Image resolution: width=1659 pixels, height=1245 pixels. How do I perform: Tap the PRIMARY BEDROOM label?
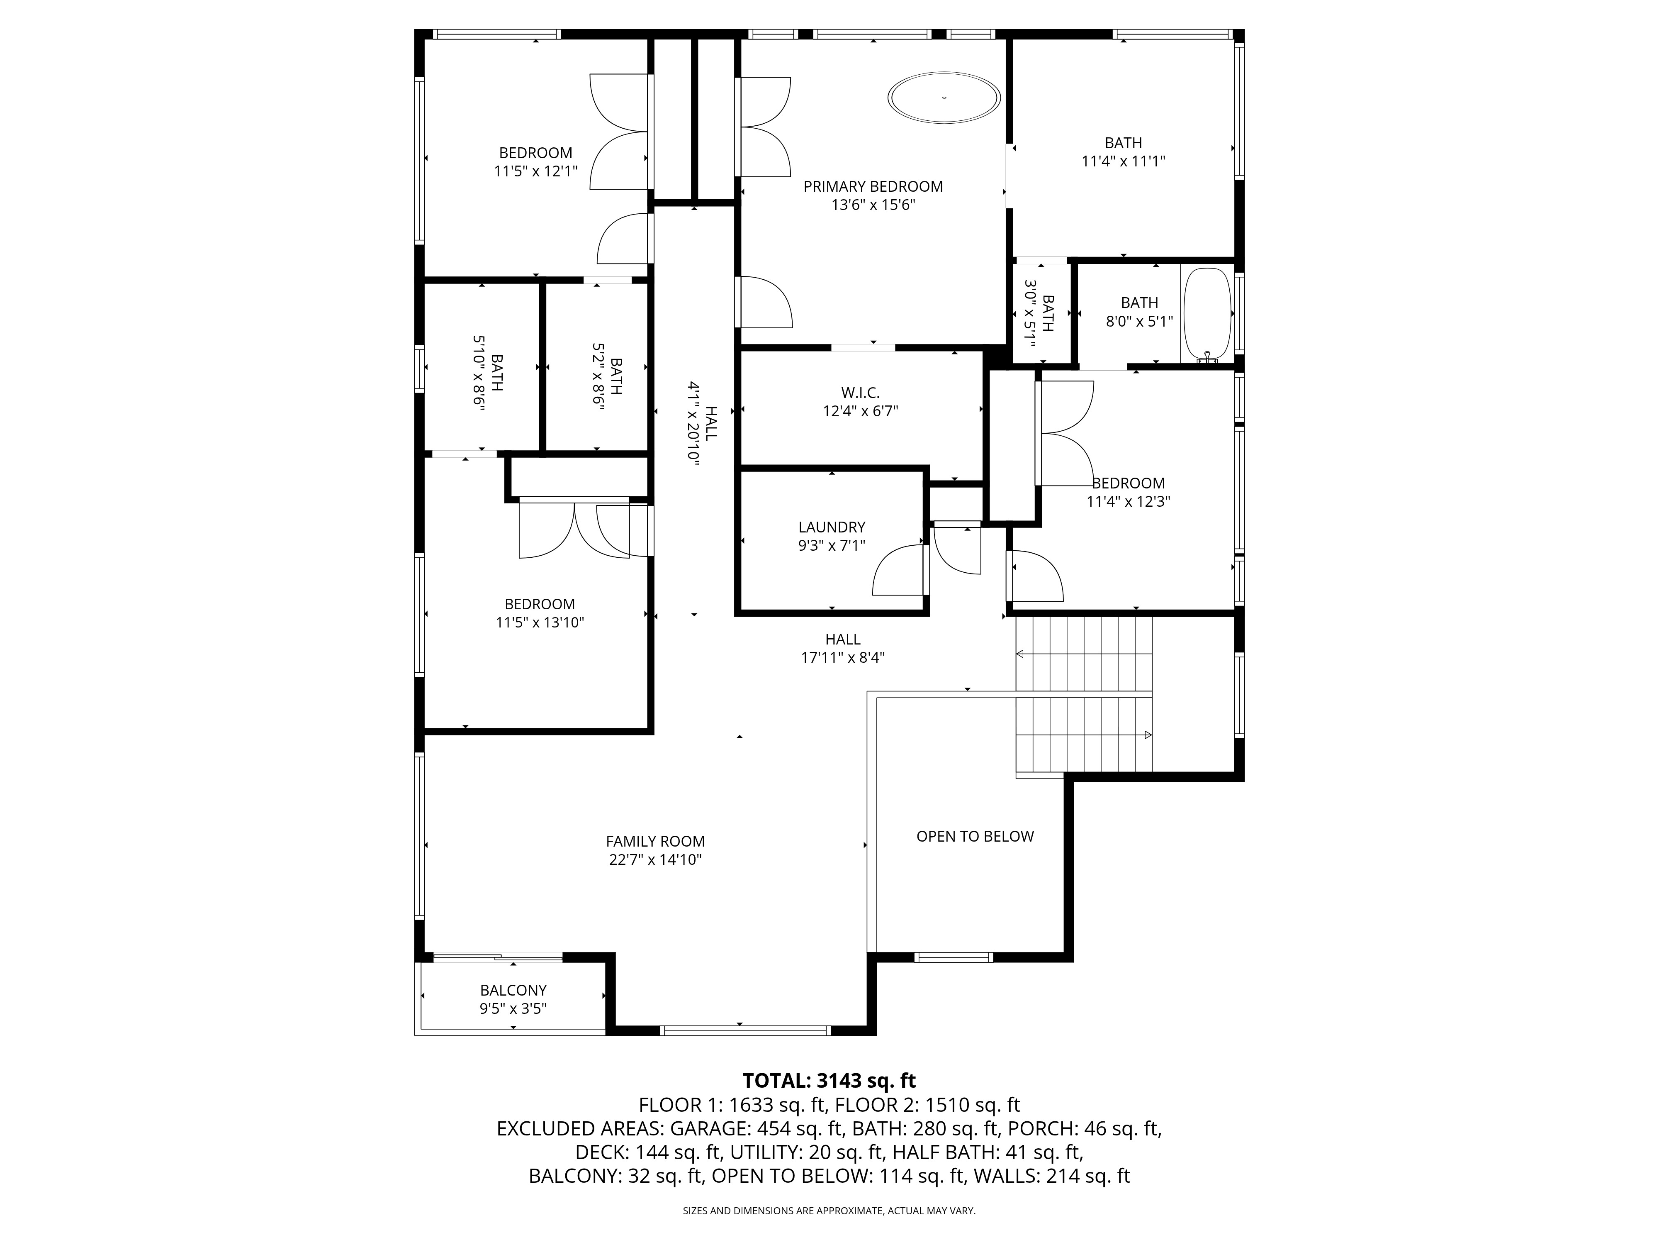click(x=873, y=187)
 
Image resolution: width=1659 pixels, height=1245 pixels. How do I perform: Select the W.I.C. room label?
click(x=860, y=393)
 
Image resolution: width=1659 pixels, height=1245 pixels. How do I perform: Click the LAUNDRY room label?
click(x=832, y=527)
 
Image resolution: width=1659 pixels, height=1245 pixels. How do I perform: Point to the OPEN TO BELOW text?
click(x=975, y=837)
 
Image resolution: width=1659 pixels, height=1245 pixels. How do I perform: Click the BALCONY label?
click(x=514, y=991)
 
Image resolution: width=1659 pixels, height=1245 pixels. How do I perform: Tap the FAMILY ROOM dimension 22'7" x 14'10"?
click(x=655, y=860)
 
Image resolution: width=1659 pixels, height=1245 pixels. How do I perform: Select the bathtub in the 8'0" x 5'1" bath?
click(x=1207, y=315)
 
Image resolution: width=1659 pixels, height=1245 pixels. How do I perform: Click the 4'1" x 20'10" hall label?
click(x=702, y=424)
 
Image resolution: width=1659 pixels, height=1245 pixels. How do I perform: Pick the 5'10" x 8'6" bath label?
click(x=487, y=371)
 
